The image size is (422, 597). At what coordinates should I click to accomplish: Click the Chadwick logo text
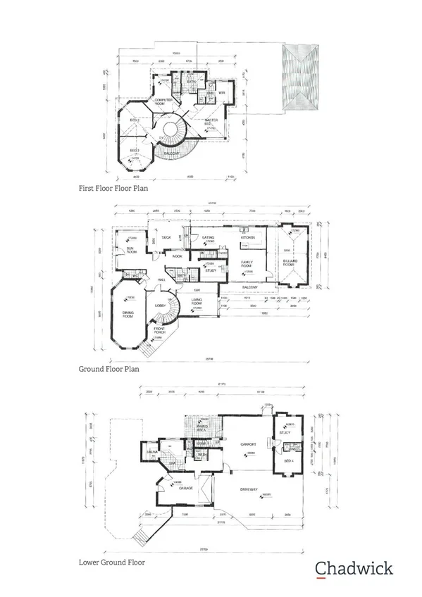pos(354,568)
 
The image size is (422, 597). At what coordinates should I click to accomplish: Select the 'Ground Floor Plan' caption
pos(108,367)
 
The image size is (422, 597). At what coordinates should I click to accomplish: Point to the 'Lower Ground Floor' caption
pos(111,563)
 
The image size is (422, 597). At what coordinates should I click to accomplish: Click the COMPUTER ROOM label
pos(163,102)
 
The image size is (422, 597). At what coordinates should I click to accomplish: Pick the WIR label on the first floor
pos(221,92)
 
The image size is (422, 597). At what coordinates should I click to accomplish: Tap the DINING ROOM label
pos(128,315)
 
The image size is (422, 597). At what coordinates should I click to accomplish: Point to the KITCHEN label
pos(247,238)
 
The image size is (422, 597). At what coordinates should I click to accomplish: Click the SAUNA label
pos(151,451)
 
